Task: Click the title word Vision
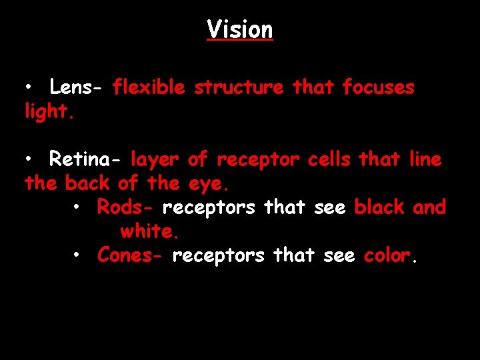coord(239,29)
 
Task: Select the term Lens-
coord(75,87)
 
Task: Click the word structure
coord(238,87)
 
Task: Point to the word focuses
coord(378,87)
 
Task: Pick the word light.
coord(48,112)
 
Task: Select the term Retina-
coord(85,159)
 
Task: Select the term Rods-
coord(125,207)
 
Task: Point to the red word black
coord(379,207)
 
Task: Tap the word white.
coord(149,231)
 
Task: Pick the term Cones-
coord(130,255)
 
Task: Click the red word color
coord(389,255)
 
